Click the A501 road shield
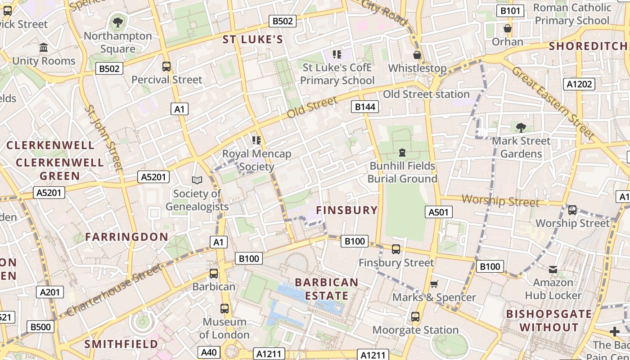point(438,212)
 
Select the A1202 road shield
point(579,84)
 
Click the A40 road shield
point(209,352)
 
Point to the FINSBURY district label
point(346,210)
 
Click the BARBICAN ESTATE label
point(327,289)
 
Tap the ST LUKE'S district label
point(253,40)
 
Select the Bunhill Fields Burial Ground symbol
point(402,152)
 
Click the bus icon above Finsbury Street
point(396,249)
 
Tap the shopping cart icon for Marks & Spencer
point(434,284)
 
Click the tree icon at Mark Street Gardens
point(521,127)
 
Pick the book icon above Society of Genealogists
point(197,180)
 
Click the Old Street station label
point(426,94)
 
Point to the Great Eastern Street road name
point(553,103)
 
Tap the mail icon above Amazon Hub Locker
point(553,270)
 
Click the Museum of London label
point(224,328)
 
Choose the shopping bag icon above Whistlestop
point(417,55)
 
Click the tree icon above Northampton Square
point(118,22)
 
